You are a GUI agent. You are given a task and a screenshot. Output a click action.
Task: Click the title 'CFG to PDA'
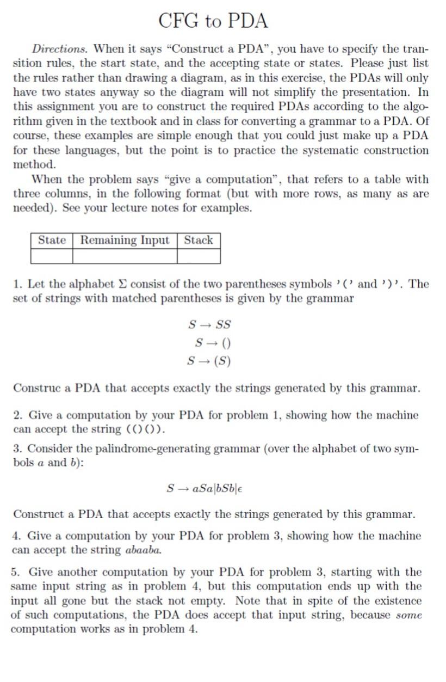(x=213, y=21)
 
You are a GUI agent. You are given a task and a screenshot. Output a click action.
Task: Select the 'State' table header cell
(x=52, y=240)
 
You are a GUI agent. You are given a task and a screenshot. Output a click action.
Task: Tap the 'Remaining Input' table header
(x=125, y=240)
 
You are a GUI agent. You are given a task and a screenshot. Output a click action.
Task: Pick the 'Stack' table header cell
(x=199, y=240)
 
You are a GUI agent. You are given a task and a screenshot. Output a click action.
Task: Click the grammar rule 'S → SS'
(x=209, y=325)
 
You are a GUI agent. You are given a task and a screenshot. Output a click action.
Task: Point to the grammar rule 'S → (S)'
(x=209, y=361)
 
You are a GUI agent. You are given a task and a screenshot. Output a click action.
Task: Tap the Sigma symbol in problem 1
(x=123, y=284)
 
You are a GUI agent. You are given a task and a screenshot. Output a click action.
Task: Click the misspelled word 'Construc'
(x=34, y=389)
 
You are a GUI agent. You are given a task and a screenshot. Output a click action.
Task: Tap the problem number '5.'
(x=16, y=572)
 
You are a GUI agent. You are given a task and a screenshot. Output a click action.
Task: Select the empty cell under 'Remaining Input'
(x=125, y=256)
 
